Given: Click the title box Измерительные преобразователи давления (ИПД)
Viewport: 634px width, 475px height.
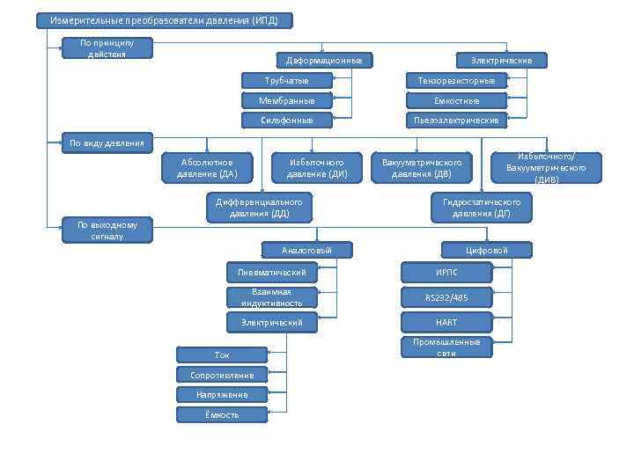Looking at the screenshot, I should [x=164, y=20].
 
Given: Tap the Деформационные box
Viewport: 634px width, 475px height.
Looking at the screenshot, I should [x=323, y=61].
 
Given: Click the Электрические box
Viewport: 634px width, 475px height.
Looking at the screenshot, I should [x=501, y=61].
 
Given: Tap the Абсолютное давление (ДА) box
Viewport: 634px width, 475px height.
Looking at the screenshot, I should [x=207, y=167].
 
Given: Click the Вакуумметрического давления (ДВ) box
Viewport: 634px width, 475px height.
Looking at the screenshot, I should [x=422, y=167].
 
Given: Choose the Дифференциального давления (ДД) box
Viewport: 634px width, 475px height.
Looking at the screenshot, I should [x=259, y=208].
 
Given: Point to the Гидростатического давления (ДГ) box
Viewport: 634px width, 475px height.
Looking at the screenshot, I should [x=481, y=208].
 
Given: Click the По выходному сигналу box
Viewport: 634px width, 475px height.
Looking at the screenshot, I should [x=107, y=230].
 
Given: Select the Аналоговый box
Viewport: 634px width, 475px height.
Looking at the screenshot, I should [x=306, y=251].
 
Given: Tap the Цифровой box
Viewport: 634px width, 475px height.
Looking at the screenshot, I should [x=487, y=251].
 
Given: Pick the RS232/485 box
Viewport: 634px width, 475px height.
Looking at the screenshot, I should [x=446, y=297].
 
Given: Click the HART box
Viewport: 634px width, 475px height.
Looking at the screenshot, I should [x=446, y=322].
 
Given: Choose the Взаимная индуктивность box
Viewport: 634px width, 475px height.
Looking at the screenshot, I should [x=271, y=297].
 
